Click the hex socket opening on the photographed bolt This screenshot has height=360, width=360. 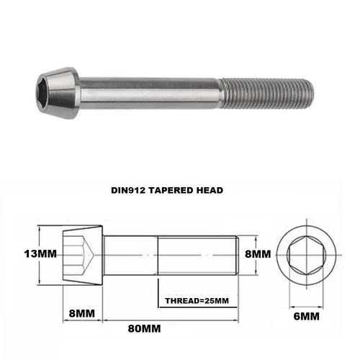[x=44, y=94]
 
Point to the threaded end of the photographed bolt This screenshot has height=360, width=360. [x=267, y=93]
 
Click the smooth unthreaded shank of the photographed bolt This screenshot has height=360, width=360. [x=150, y=93]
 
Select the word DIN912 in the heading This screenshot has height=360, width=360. [x=128, y=190]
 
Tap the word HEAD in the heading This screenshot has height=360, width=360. [x=210, y=190]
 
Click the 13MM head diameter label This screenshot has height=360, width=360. [x=40, y=253]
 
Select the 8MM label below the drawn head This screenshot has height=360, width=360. [x=81, y=313]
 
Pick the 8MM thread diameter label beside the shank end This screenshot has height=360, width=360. [x=258, y=254]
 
